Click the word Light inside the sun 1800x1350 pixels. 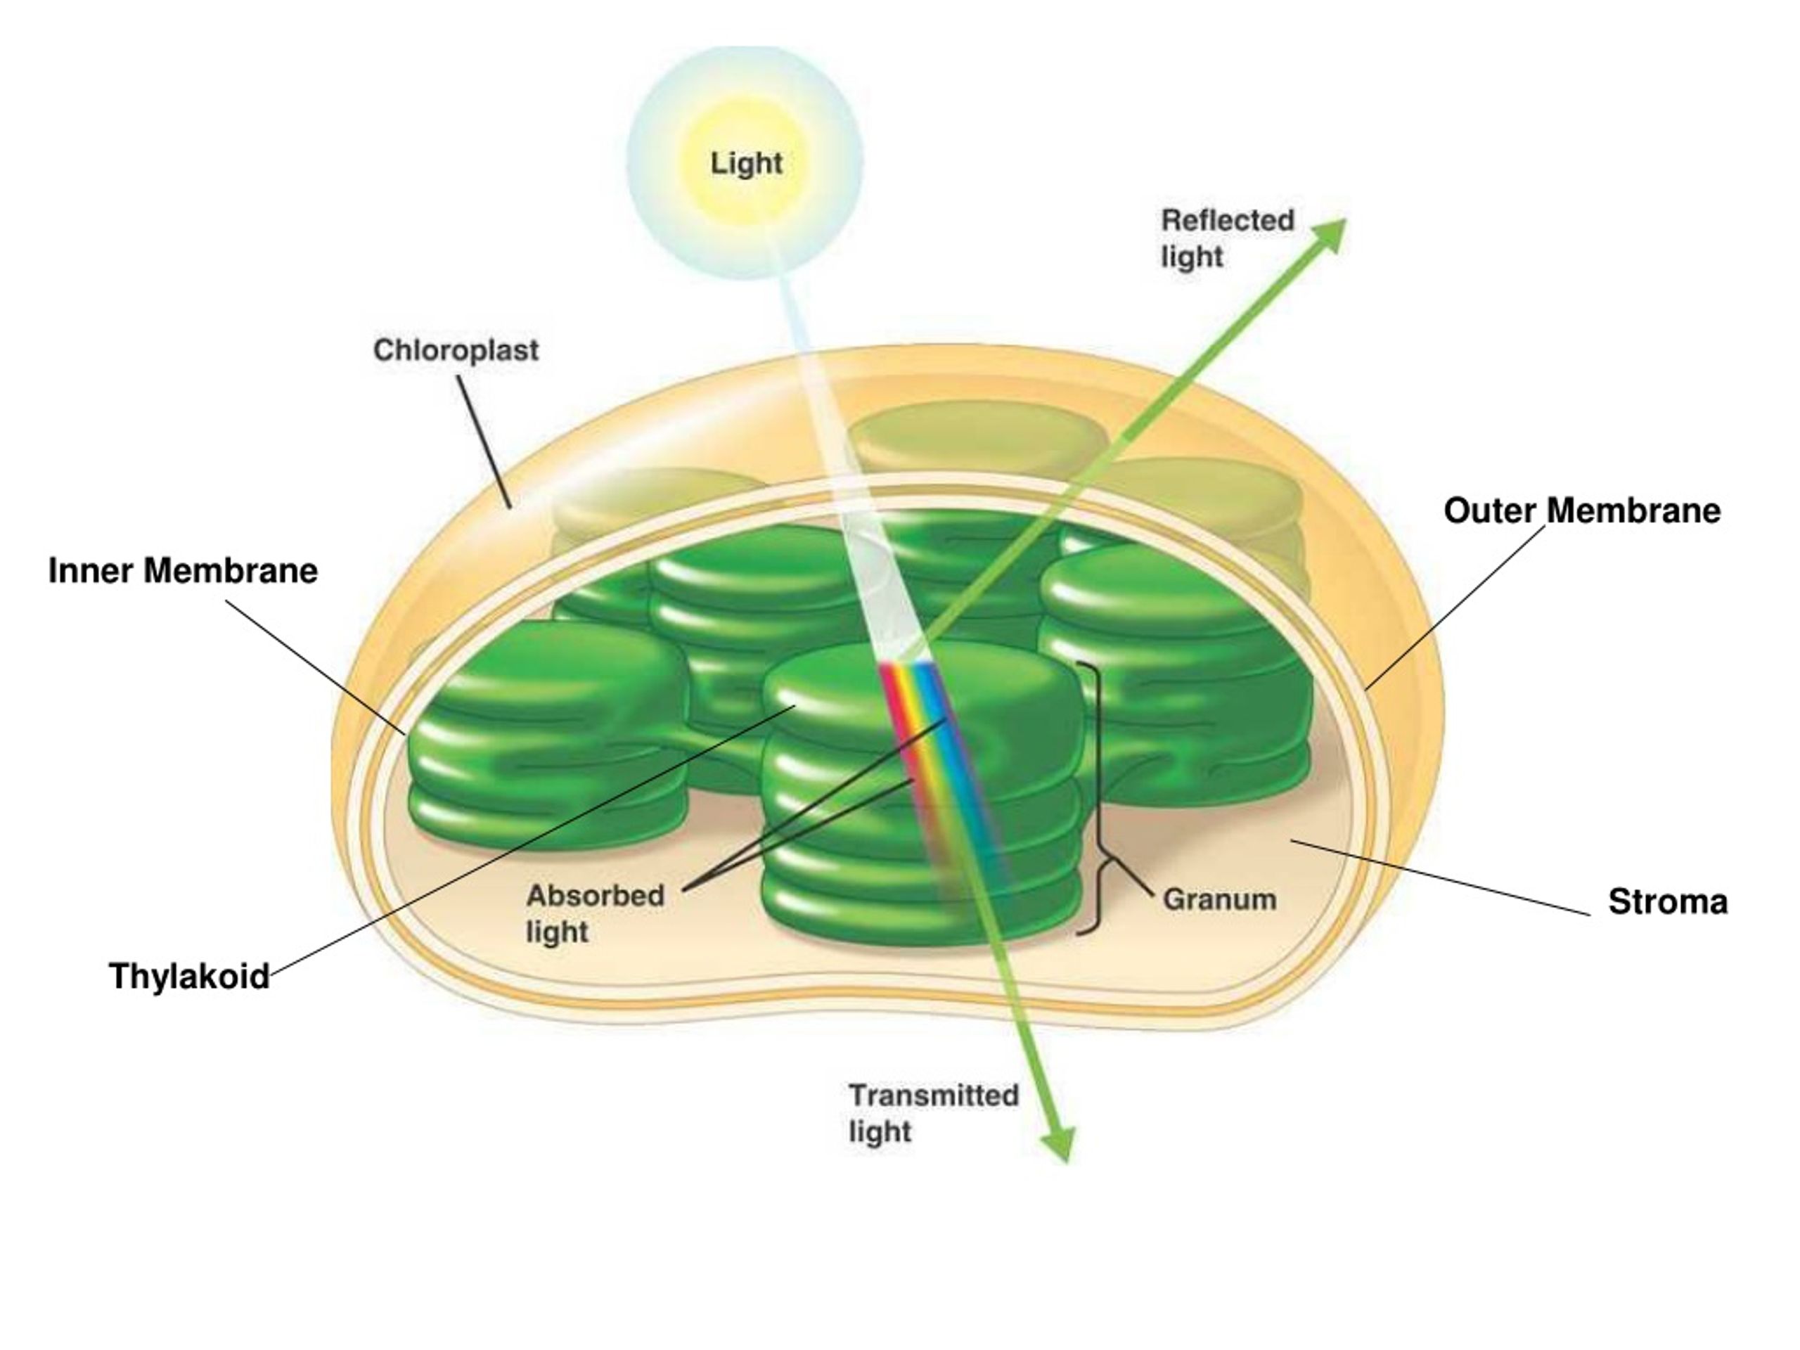[746, 164]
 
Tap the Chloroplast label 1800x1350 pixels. [456, 351]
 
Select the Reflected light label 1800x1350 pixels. [1227, 238]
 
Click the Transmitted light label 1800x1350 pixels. [933, 1113]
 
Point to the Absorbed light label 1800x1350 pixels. [595, 913]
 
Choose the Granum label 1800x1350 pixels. [1219, 899]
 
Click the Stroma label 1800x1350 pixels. [1667, 901]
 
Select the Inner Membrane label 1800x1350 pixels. [183, 570]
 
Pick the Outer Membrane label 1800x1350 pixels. [1582, 511]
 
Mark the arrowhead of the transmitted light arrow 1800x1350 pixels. [1059, 1144]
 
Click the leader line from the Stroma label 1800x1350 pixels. [1440, 878]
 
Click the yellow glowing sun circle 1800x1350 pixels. [745, 162]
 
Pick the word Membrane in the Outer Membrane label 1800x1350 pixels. [1634, 511]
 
